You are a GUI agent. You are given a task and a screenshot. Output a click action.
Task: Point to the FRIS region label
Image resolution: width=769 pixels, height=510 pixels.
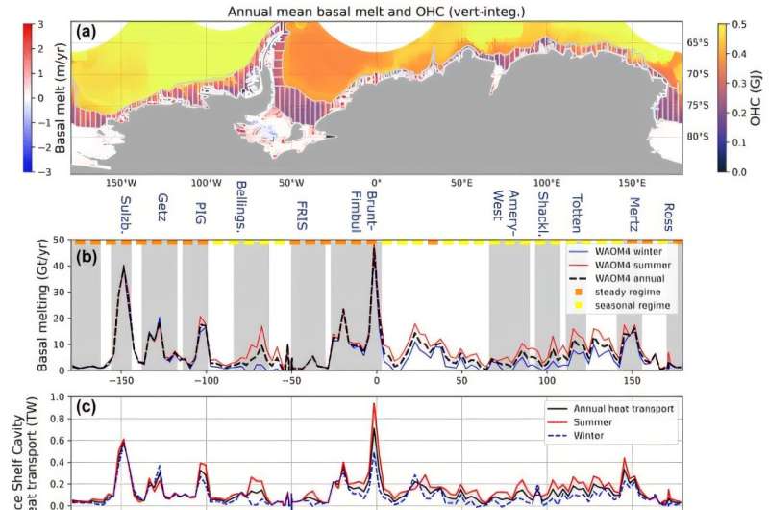(300, 210)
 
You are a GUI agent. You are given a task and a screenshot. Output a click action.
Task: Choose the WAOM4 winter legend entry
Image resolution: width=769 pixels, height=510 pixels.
(624, 252)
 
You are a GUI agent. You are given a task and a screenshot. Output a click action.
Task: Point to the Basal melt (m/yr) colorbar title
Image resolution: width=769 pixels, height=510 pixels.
(13, 96)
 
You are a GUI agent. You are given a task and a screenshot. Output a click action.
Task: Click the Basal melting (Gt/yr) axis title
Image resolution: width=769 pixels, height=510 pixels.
(44, 306)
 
